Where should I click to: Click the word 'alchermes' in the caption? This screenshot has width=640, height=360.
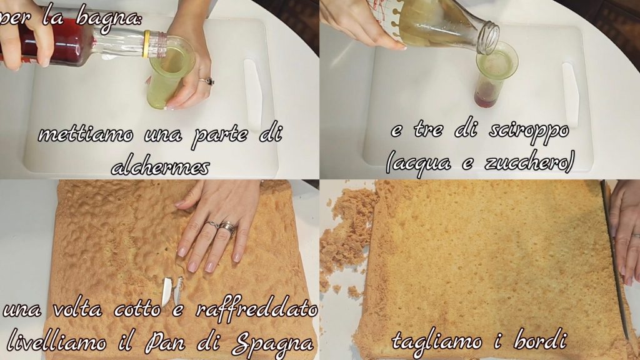pyautogui.click(x=161, y=167)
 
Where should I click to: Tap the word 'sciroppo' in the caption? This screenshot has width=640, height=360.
pyautogui.click(x=529, y=131)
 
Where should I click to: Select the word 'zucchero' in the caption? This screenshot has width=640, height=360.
pyautogui.click(x=529, y=163)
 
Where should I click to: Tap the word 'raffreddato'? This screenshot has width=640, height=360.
pyautogui.click(x=256, y=309)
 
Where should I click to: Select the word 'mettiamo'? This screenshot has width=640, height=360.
pyautogui.click(x=86, y=134)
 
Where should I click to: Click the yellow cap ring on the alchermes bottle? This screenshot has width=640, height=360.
pyautogui.click(x=146, y=44)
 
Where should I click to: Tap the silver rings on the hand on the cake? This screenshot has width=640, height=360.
pyautogui.click(x=222, y=227)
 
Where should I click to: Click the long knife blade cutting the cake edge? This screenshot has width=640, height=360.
pyautogui.click(x=615, y=261)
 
